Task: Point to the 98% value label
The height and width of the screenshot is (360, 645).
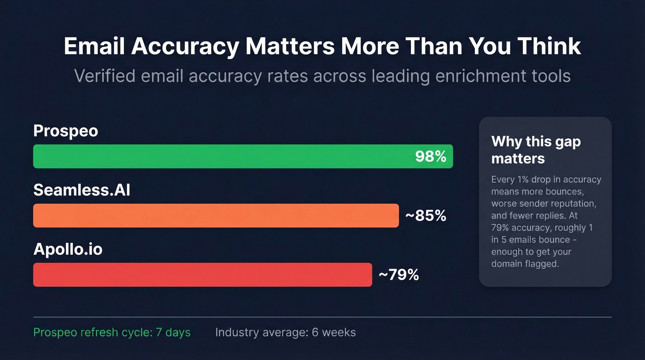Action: (x=430, y=157)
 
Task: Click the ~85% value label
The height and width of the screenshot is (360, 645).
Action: (x=425, y=216)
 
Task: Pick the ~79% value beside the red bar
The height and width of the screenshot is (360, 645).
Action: (x=399, y=275)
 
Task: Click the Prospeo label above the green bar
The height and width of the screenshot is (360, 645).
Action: (x=66, y=131)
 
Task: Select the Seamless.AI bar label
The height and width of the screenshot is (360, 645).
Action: (x=82, y=190)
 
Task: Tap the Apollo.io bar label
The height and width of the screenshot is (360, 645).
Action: (x=68, y=249)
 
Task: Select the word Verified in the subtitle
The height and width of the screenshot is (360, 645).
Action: (x=105, y=76)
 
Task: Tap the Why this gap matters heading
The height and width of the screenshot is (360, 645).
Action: (x=536, y=150)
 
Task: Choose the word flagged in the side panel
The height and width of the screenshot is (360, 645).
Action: (x=542, y=264)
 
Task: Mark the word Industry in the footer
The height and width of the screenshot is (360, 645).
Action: (x=234, y=332)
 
